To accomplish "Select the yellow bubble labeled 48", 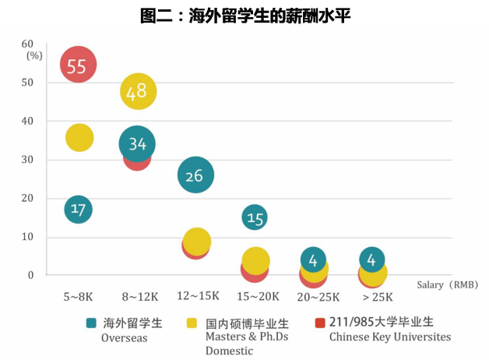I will (x=138, y=92).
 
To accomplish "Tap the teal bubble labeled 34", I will (x=137, y=144).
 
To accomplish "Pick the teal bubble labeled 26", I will (x=195, y=175).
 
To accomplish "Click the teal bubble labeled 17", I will (x=78, y=209).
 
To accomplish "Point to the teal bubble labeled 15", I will (x=255, y=218).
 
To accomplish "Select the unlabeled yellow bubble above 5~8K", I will (x=79, y=138).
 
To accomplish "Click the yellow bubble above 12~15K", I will (x=197, y=242).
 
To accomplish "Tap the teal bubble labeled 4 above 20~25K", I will (x=313, y=259).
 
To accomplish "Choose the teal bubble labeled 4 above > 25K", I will (x=372, y=259).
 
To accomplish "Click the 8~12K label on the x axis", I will (x=140, y=297).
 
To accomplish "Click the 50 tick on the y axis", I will (x=28, y=83).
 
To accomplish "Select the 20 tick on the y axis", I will (x=28, y=198).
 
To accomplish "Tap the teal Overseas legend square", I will (x=91, y=322).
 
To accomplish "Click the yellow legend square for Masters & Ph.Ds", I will (x=192, y=322).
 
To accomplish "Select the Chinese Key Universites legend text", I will (x=389, y=337).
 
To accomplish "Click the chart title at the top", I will (x=244, y=16).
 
